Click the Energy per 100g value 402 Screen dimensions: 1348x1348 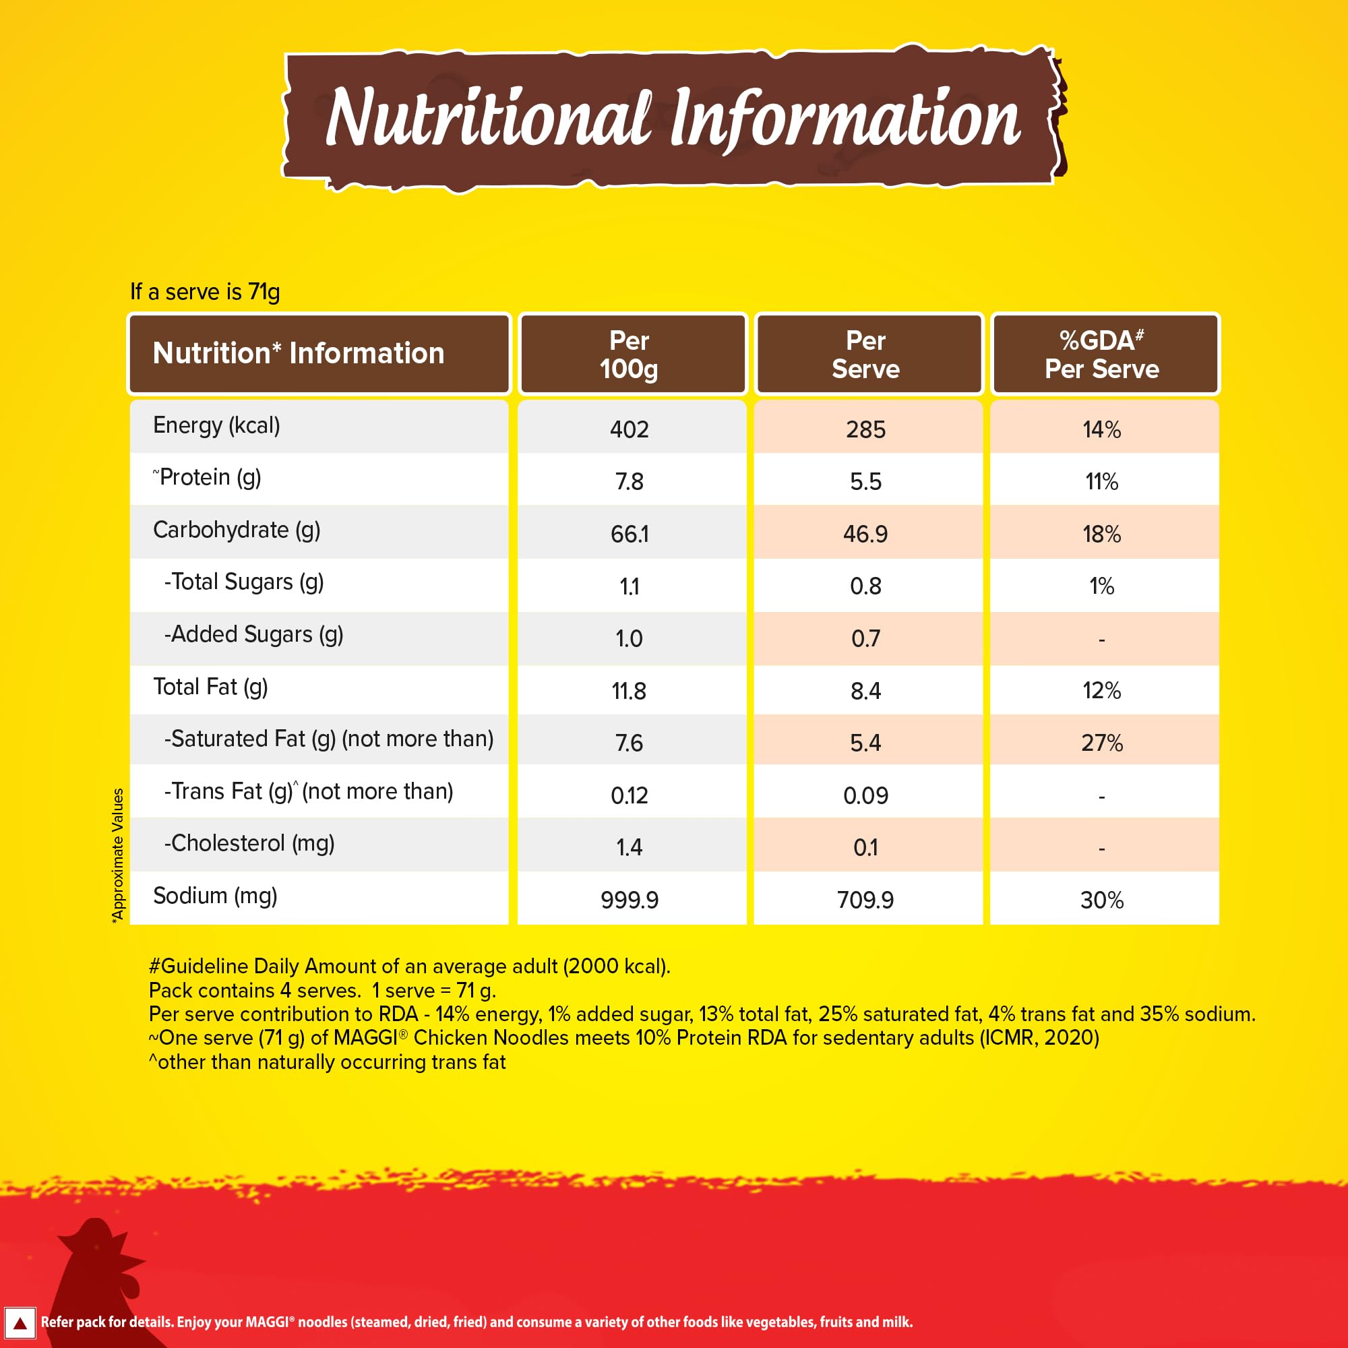(x=629, y=429)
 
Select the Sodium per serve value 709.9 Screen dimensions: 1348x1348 (x=865, y=899)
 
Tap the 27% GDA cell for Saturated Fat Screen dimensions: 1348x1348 (x=1102, y=742)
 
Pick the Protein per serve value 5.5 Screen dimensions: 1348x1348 (x=865, y=481)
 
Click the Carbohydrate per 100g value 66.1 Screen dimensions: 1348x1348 (x=629, y=534)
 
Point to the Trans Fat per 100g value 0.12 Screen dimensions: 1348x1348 (x=629, y=795)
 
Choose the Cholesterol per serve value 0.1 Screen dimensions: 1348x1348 (x=865, y=847)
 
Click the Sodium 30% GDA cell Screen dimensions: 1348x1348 (x=1102, y=899)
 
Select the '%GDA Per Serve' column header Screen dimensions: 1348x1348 (x=1102, y=355)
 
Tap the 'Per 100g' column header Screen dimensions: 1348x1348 (x=629, y=355)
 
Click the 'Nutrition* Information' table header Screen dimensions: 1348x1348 (x=299, y=354)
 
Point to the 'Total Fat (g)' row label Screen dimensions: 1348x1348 (x=210, y=687)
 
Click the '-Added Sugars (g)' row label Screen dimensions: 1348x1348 (x=253, y=634)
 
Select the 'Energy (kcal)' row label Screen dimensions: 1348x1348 (x=216, y=425)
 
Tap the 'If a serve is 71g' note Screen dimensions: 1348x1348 (x=205, y=292)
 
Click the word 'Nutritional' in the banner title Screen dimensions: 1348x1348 (x=489, y=119)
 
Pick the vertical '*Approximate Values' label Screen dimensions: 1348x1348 (x=118, y=855)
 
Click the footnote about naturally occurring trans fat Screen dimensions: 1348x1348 (x=328, y=1062)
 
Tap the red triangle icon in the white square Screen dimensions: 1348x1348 (x=20, y=1323)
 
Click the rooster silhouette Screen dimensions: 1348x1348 (x=98, y=1277)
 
